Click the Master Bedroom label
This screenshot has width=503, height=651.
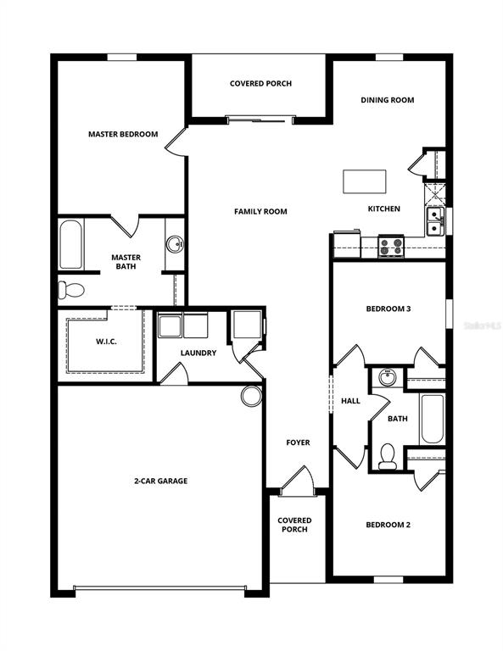click(123, 134)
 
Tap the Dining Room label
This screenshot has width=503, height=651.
click(387, 100)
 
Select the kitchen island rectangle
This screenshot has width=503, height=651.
click(364, 181)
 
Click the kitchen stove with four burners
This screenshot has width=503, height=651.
click(390, 246)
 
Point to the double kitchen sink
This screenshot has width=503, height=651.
click(434, 222)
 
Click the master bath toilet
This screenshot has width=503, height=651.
click(71, 291)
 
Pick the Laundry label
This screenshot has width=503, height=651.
click(198, 353)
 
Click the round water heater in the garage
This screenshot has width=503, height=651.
click(251, 396)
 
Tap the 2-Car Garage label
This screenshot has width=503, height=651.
click(160, 481)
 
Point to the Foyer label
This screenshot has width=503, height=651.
click(297, 442)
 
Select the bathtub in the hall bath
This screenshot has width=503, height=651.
click(432, 419)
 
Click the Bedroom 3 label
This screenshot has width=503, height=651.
click(388, 309)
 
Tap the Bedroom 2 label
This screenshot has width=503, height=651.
click(388, 525)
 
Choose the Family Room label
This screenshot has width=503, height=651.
click(260, 211)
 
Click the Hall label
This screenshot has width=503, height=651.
click(350, 401)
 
